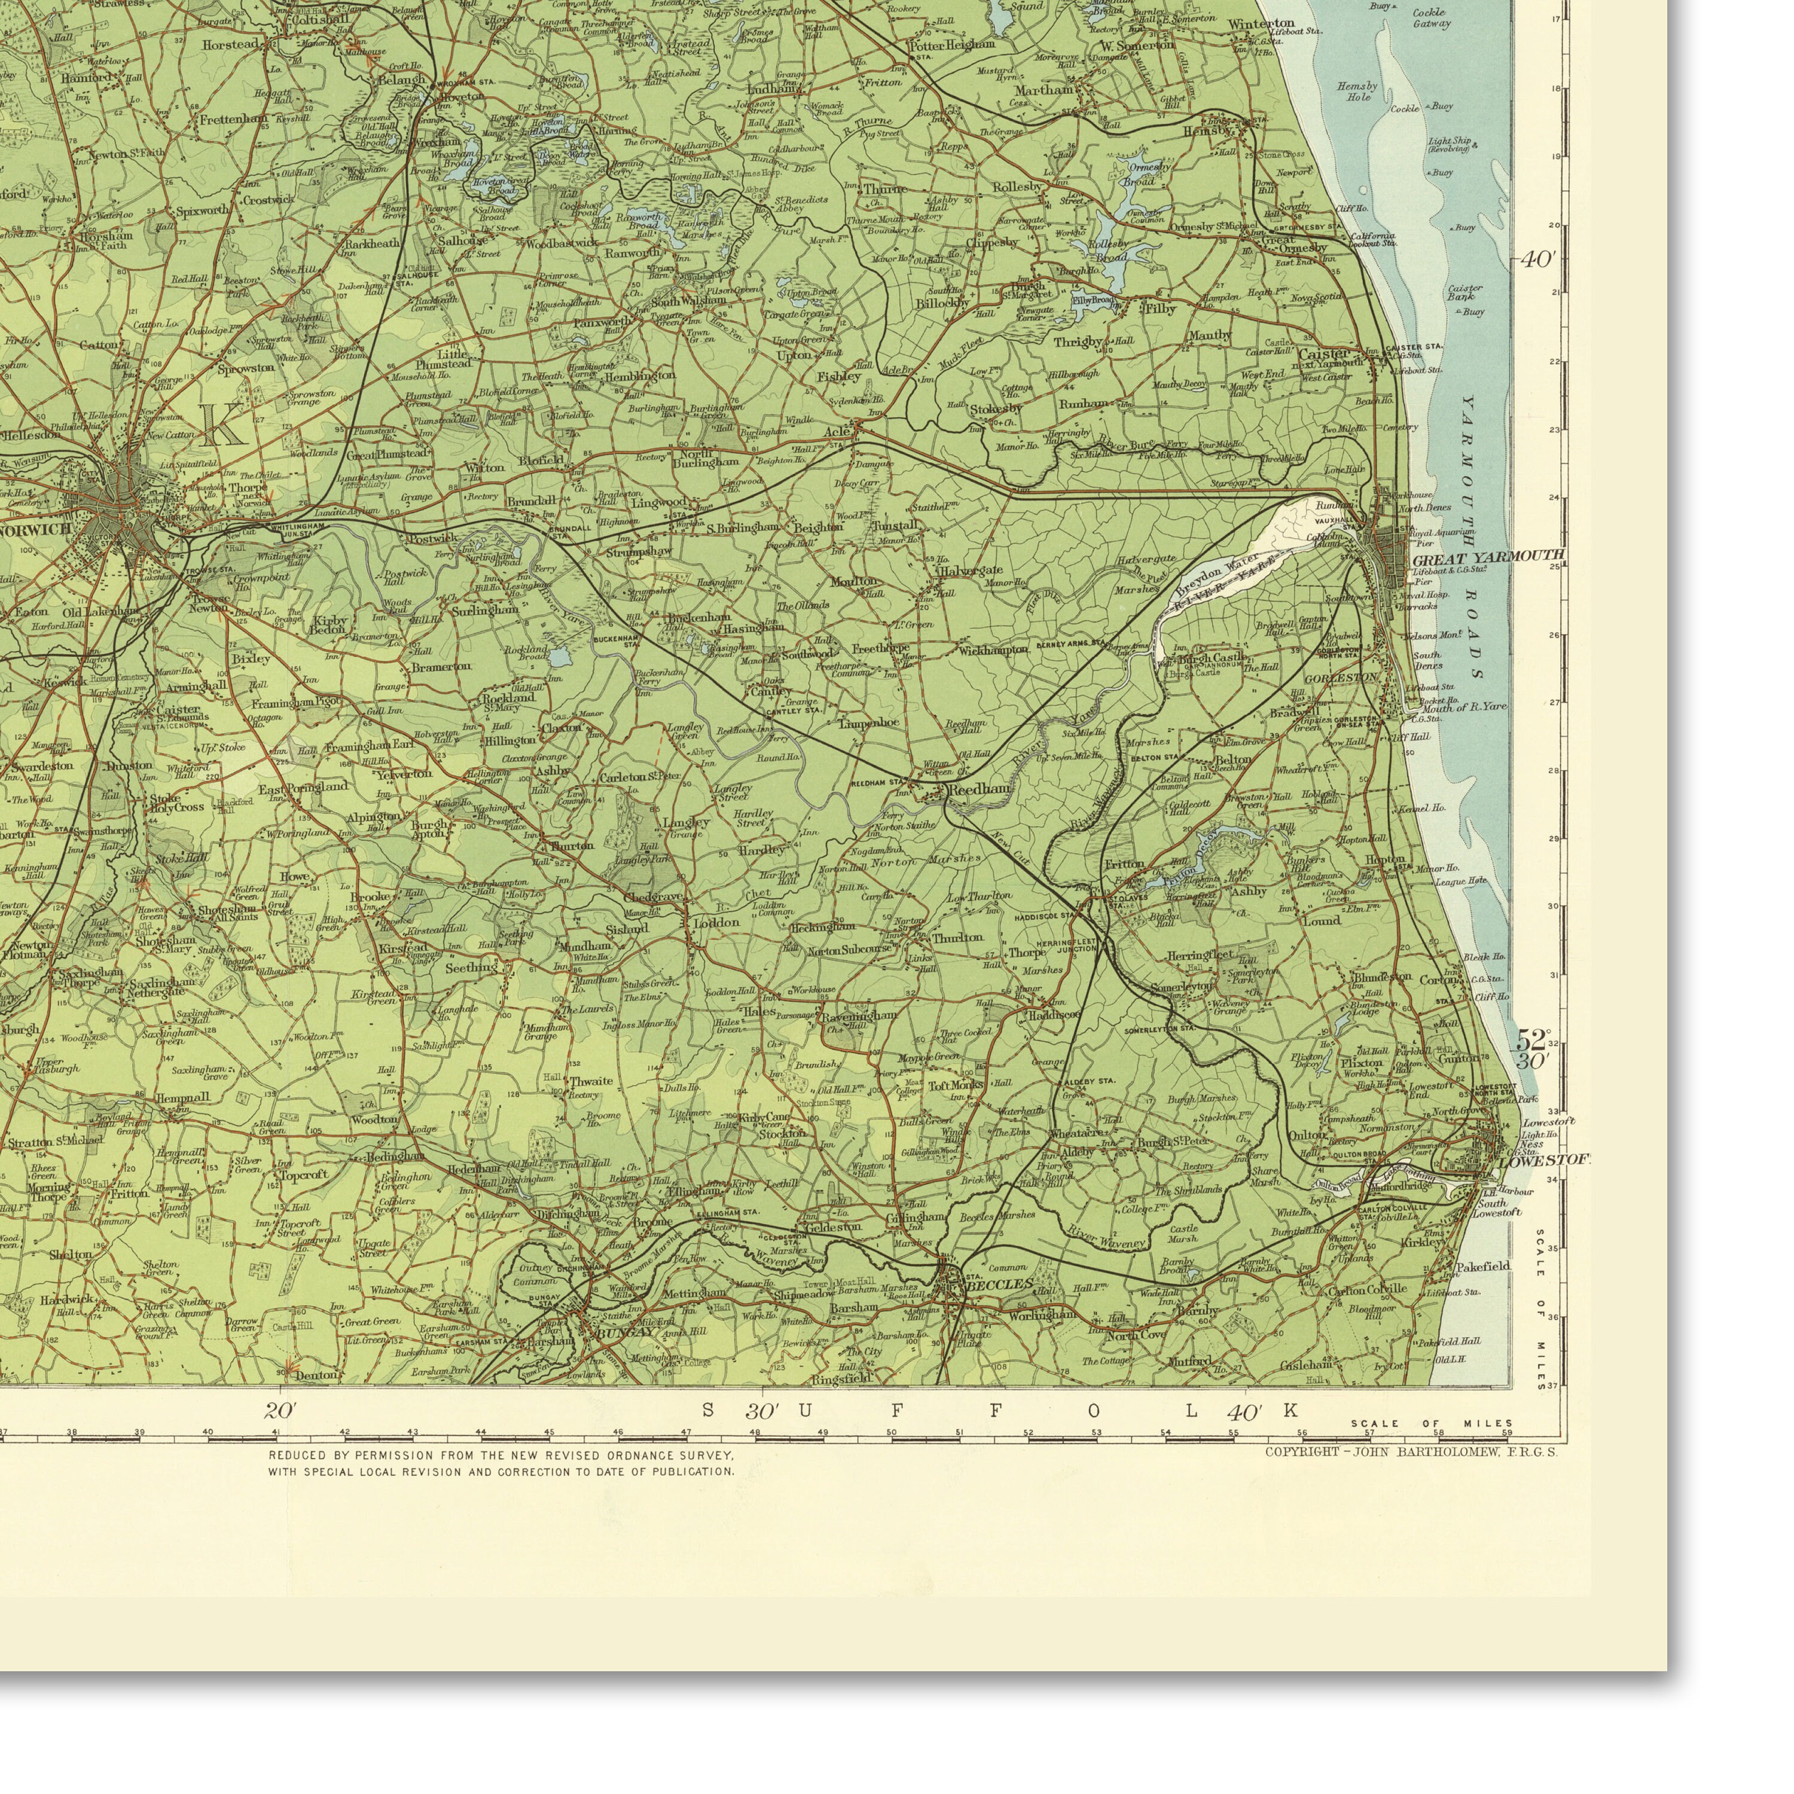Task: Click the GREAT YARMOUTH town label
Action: [x=1488, y=557]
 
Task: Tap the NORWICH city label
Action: [x=37, y=529]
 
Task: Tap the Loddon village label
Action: [x=717, y=922]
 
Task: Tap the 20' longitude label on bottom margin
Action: [x=279, y=1411]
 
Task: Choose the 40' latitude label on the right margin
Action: [x=1537, y=260]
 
